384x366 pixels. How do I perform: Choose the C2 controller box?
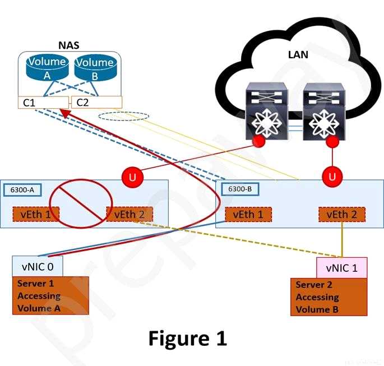[96, 102]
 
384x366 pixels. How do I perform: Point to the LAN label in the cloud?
[298, 55]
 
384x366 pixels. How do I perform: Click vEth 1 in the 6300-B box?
[248, 214]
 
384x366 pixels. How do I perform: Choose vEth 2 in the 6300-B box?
[341, 214]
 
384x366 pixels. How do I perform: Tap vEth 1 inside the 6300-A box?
[36, 214]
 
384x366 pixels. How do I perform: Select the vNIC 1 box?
[342, 268]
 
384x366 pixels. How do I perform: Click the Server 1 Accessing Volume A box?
[50, 295]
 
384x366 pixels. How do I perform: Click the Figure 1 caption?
[188, 338]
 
